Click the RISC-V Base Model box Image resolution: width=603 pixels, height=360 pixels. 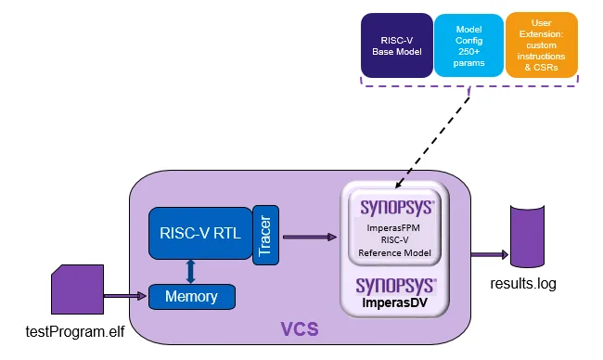[396, 45]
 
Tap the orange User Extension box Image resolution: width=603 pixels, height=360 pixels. [541, 45]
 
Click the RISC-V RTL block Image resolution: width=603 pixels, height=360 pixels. [199, 233]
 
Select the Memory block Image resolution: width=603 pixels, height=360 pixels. [191, 297]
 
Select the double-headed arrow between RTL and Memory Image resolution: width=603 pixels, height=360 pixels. [190, 271]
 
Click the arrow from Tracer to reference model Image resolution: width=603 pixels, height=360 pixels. [310, 237]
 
